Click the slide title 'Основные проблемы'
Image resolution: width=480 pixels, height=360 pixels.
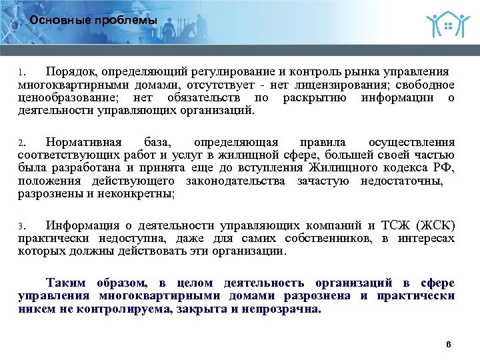[x=93, y=21]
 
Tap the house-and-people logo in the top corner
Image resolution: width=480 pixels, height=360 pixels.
[x=444, y=24]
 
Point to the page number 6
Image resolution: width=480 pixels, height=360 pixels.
[x=448, y=344]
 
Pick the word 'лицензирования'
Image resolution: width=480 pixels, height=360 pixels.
[x=347, y=85]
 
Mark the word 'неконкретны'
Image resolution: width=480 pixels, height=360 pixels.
[x=139, y=194]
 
